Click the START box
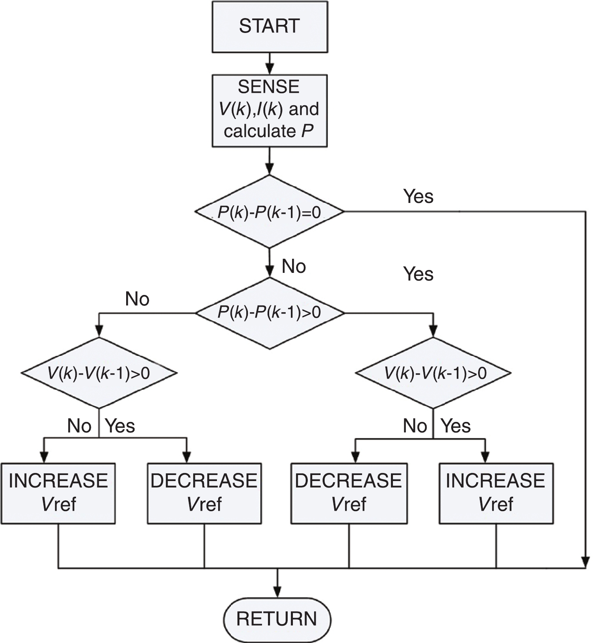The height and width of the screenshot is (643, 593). [269, 27]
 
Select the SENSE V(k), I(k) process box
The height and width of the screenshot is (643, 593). [269, 110]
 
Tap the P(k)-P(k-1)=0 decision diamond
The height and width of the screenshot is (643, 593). [269, 211]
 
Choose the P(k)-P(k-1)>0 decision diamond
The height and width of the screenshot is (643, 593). [269, 313]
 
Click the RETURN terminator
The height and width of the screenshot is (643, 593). [277, 618]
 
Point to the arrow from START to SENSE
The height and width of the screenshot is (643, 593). [270, 63]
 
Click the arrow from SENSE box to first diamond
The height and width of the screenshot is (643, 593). [270, 160]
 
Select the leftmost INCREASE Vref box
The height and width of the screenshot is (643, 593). [58, 493]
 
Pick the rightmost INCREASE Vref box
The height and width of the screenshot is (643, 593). [496, 493]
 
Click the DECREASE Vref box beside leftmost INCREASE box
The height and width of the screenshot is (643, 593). [204, 493]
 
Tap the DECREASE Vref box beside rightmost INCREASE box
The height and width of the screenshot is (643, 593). [349, 493]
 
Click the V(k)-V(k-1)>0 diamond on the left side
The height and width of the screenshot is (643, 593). [99, 373]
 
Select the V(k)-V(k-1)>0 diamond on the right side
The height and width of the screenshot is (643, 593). [433, 373]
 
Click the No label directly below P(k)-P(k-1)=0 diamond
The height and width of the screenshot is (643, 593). [294, 266]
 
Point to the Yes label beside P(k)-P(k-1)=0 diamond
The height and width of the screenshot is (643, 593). [418, 197]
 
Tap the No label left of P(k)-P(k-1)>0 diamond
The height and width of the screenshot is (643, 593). [137, 299]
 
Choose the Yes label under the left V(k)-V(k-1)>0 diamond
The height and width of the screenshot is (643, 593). [120, 426]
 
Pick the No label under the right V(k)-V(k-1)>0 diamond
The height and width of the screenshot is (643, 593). [415, 426]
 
